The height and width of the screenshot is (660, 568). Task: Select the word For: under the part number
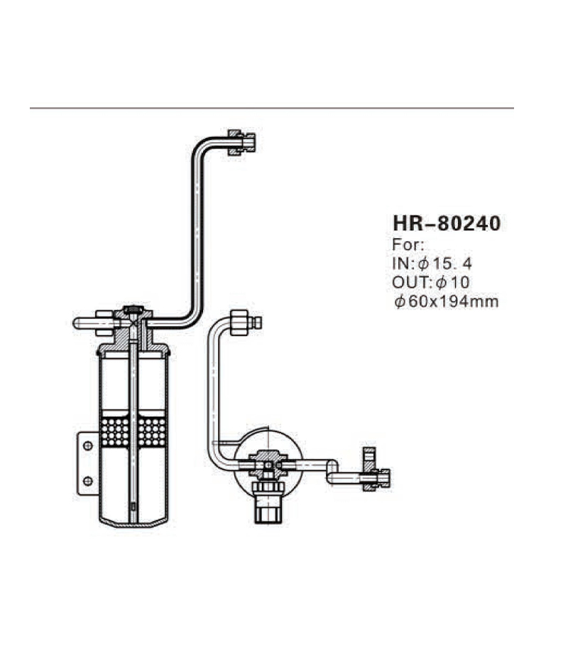[x=408, y=246]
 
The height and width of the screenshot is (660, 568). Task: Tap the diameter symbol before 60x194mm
[x=399, y=301]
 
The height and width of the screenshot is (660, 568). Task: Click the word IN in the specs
[x=399, y=264]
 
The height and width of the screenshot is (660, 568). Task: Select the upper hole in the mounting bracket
[x=87, y=445]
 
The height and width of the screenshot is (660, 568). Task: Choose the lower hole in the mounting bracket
[x=87, y=480]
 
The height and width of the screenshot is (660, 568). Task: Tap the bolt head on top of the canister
[x=133, y=310]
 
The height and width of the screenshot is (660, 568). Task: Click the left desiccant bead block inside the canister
[x=116, y=431]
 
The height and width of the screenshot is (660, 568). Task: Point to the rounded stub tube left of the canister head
[x=85, y=323]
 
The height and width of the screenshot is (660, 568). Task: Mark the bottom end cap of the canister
[x=133, y=522]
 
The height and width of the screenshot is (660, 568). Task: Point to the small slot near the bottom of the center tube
[x=133, y=505]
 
